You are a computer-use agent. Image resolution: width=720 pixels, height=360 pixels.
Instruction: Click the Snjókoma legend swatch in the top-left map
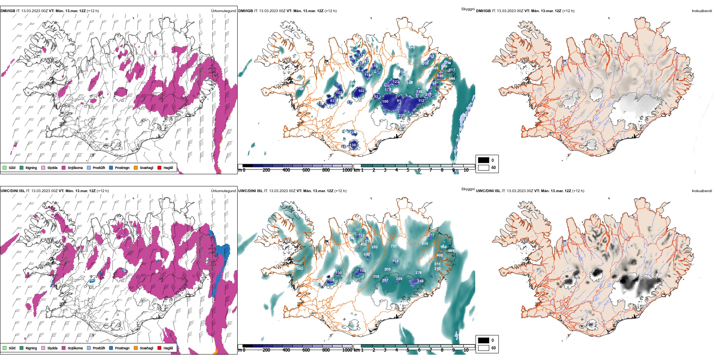pos(64,168)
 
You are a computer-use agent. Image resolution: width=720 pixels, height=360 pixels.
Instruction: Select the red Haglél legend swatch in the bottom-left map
pos(160,348)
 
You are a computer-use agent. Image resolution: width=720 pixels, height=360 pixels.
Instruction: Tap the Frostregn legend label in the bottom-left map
pos(122,348)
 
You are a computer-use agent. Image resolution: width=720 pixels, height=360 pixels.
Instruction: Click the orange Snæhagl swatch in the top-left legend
pos(136,168)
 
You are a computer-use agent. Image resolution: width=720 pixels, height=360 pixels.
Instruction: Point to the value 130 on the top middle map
pos(353,145)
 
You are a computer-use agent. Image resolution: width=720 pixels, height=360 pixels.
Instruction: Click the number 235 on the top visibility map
pos(402,116)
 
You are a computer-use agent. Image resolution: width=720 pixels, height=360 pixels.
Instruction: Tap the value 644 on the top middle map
pos(452,79)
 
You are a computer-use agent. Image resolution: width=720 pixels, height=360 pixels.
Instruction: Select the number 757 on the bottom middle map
pos(394,246)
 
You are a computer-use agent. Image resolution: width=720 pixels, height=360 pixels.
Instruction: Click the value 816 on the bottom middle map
pos(425,244)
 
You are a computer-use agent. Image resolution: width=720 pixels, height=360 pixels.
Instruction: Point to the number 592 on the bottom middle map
pos(300,269)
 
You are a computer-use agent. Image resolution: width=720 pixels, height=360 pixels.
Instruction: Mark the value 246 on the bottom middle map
pos(420,281)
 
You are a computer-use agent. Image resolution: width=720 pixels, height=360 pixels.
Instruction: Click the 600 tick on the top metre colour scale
pos(306,170)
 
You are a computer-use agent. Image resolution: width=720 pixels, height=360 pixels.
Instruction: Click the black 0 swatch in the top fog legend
pos(484,160)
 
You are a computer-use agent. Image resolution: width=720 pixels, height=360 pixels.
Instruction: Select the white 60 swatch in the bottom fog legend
pos(484,347)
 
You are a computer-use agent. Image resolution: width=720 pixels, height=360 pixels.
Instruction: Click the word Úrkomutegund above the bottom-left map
pos(224,191)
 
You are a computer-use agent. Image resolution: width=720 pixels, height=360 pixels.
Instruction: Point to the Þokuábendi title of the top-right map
pos(702,11)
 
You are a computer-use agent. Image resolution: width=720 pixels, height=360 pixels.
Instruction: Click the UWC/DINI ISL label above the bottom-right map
pos(488,191)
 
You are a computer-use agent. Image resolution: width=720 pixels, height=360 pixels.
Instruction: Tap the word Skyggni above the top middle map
pos(468,9)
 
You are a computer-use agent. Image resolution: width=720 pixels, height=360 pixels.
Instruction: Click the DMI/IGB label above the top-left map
pos(8,11)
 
